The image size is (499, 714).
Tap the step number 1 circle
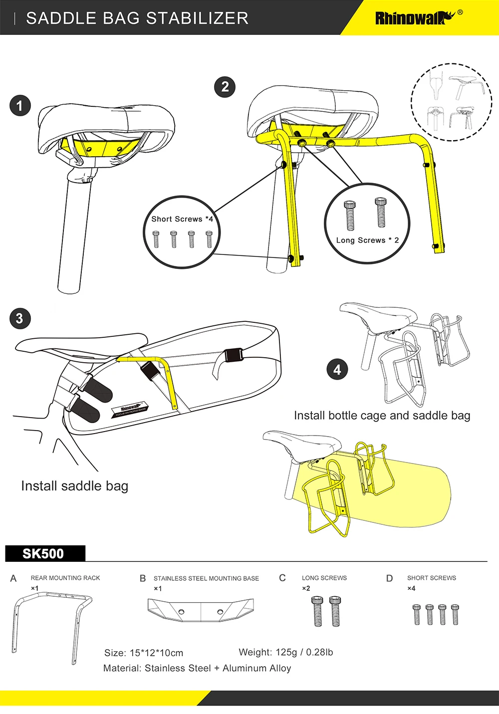pyautogui.click(x=20, y=106)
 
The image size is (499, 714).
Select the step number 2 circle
pyautogui.click(x=225, y=87)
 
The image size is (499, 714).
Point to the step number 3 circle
pyautogui.click(x=19, y=319)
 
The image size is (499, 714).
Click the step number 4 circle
pyautogui.click(x=337, y=370)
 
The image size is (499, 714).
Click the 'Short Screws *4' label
pyautogui.click(x=182, y=219)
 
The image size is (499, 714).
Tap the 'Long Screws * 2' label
pyautogui.click(x=367, y=240)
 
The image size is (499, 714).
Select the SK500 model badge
pyautogui.click(x=43, y=554)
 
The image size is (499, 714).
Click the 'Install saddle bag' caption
pyautogui.click(x=75, y=486)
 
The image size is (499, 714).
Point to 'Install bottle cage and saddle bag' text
pyautogui.click(x=382, y=416)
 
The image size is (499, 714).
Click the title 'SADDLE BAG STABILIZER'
pyautogui.click(x=137, y=18)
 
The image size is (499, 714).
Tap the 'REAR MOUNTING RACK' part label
pyautogui.click(x=65, y=578)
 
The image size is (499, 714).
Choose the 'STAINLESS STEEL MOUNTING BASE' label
pyautogui.click(x=206, y=578)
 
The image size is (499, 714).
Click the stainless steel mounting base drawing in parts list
pyautogui.click(x=201, y=610)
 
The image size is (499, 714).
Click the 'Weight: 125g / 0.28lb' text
pyautogui.click(x=285, y=652)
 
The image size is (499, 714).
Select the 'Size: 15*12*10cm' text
pyautogui.click(x=144, y=653)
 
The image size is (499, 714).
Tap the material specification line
pyautogui.click(x=197, y=668)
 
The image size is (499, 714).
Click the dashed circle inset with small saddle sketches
pyautogui.click(x=451, y=102)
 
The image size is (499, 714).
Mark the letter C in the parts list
pyautogui.click(x=282, y=578)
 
